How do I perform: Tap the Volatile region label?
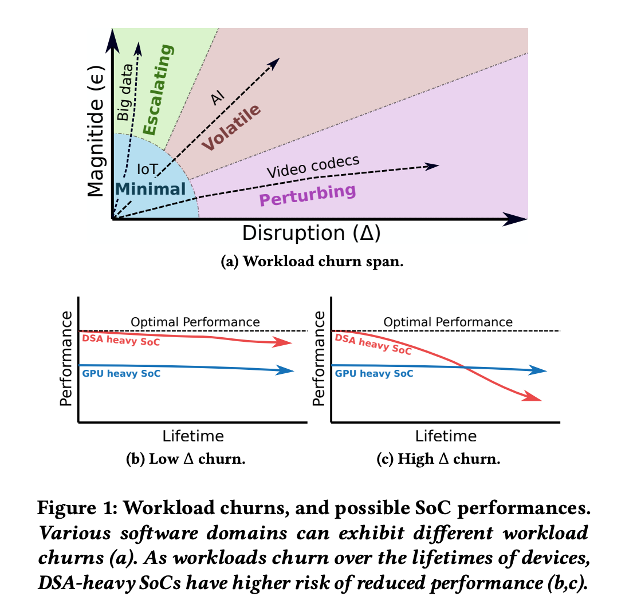point(231,127)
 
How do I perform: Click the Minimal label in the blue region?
point(151,189)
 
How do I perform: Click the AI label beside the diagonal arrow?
point(218,98)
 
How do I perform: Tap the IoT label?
point(147,169)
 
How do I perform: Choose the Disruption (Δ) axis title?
point(312,233)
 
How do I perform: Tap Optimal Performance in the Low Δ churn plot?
point(195,322)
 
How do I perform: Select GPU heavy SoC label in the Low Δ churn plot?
point(121,373)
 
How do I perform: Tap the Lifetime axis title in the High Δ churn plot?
point(445,436)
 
